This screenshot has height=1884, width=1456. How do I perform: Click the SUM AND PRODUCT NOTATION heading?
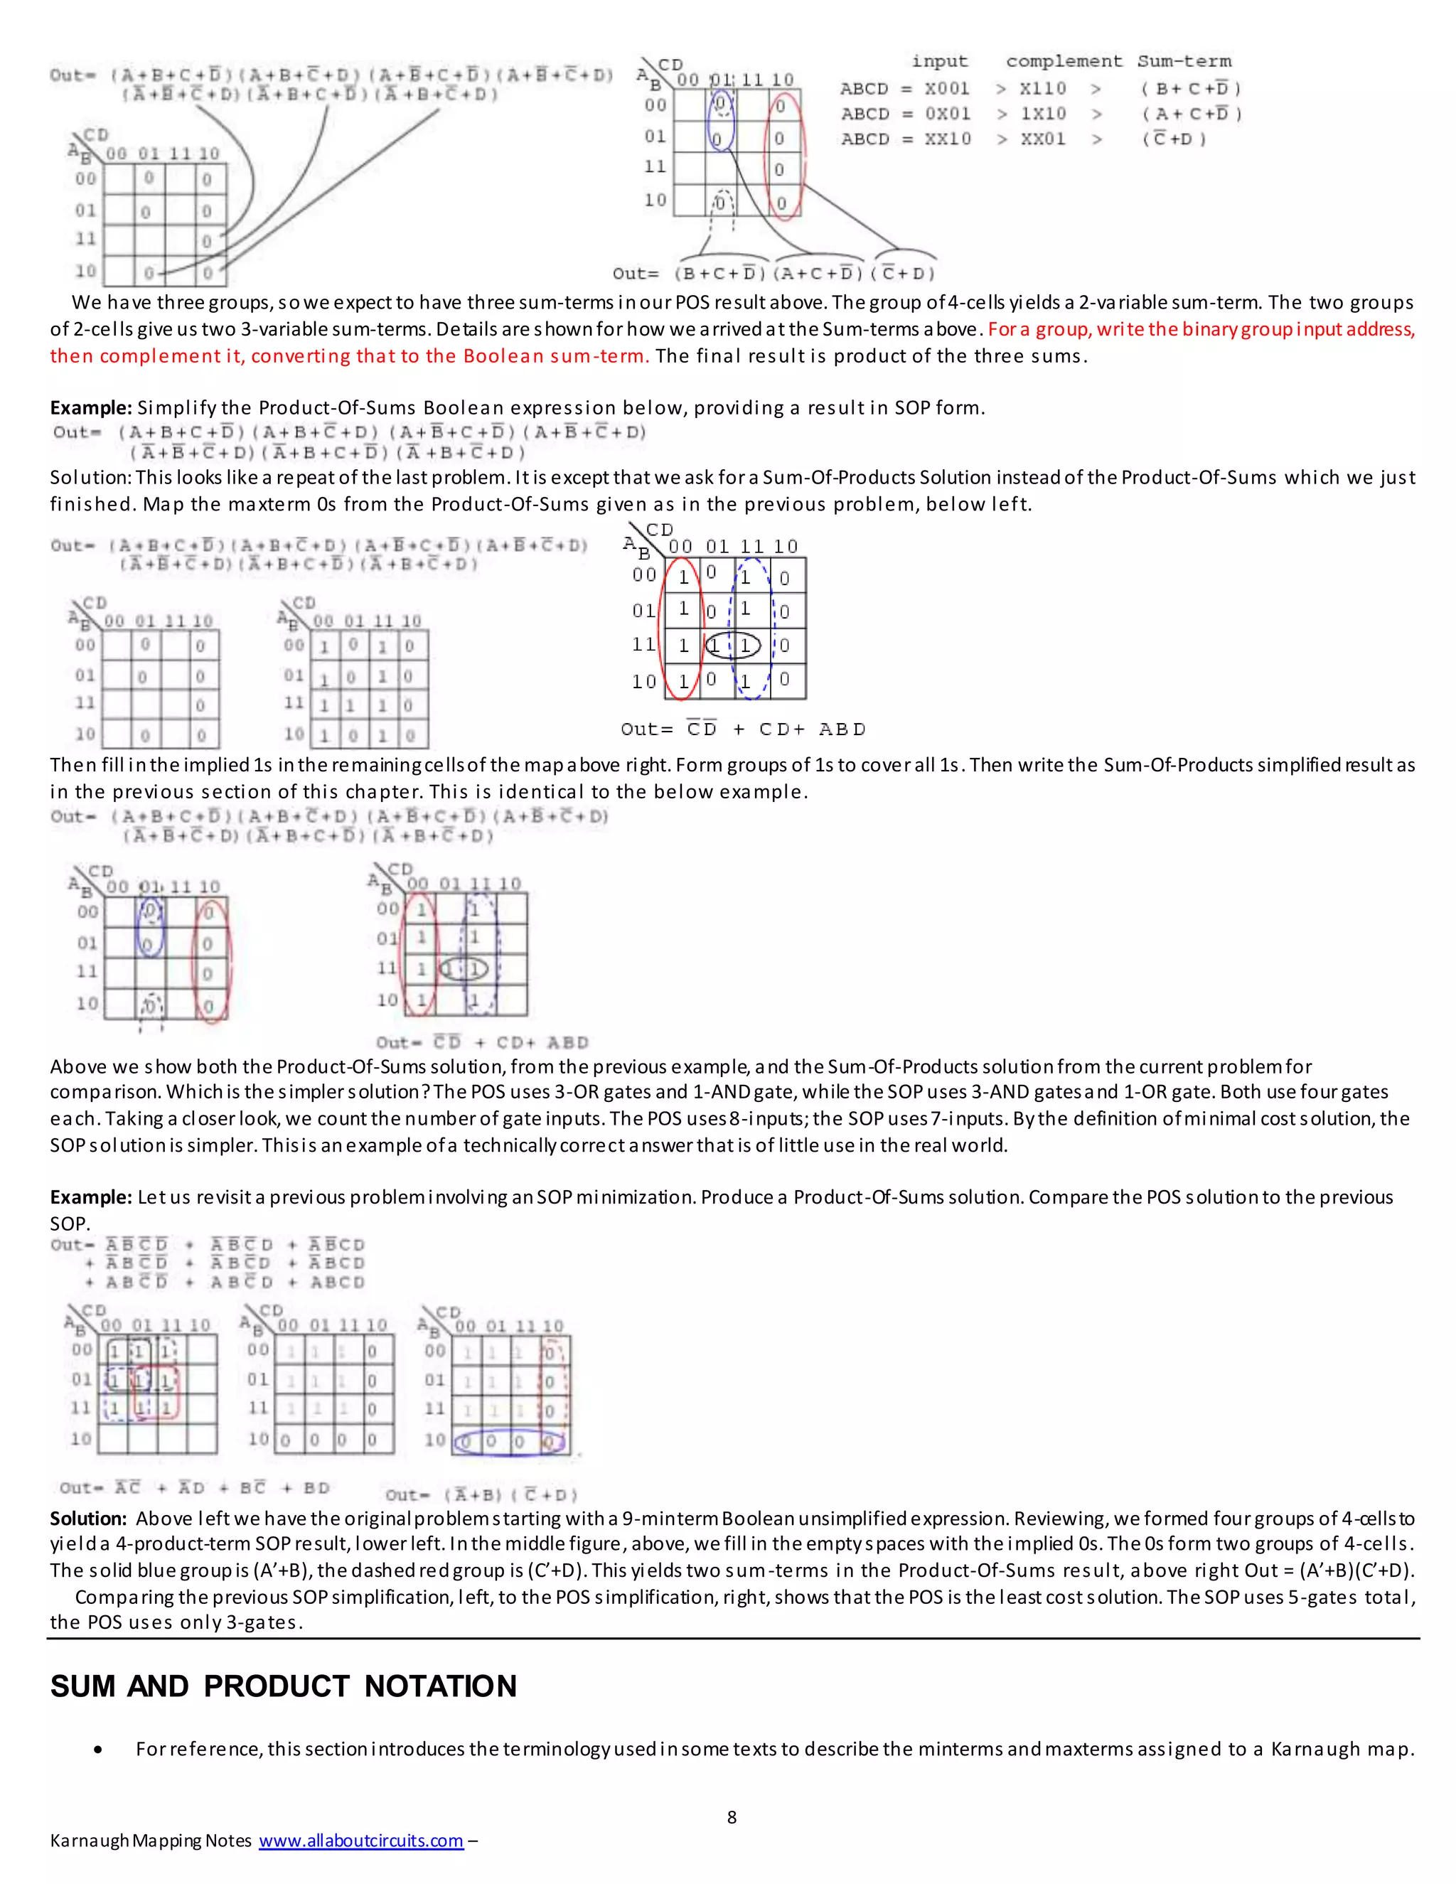click(283, 1686)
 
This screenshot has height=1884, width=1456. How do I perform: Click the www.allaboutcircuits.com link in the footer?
click(360, 1840)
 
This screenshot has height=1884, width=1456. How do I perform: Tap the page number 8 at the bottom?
click(732, 1816)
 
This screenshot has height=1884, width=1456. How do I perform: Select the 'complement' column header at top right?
click(1064, 61)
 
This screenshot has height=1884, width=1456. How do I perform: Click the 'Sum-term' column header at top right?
click(1184, 61)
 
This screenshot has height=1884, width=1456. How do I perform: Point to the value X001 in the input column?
click(946, 88)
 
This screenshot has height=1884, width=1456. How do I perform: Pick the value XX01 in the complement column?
click(1043, 139)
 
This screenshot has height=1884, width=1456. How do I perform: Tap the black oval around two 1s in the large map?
click(732, 646)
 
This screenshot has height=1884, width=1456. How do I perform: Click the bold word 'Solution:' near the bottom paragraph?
click(89, 1519)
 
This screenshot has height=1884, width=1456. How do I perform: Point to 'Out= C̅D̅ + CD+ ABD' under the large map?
click(743, 729)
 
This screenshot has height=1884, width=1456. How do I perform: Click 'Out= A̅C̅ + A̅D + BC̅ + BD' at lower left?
click(194, 1488)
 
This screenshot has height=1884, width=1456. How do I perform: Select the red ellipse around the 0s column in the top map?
click(785, 155)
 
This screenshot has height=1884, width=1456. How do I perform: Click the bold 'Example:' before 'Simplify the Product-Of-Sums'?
click(90, 407)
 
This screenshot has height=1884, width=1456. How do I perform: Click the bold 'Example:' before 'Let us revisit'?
click(90, 1197)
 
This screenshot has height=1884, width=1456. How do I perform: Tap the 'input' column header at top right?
click(939, 61)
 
